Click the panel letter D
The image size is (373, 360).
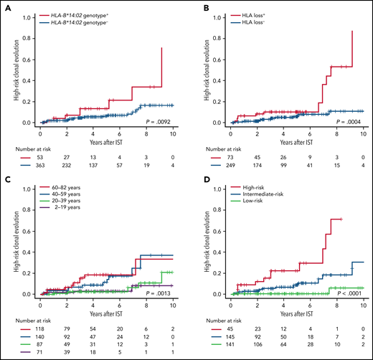tap(197, 189)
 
